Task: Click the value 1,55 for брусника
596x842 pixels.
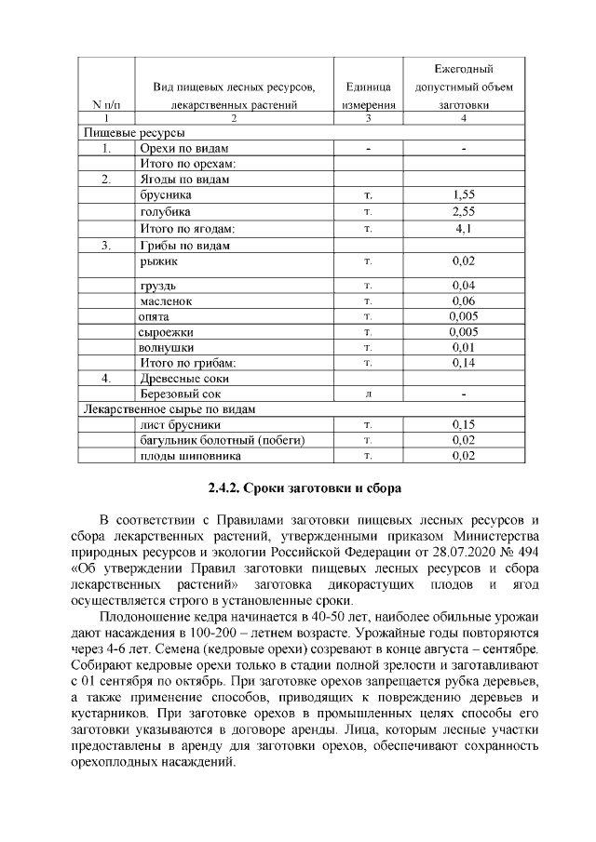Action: click(x=463, y=195)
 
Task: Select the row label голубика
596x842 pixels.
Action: click(x=166, y=212)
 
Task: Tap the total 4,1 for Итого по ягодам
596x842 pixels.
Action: click(x=463, y=229)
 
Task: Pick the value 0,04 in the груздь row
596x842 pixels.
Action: click(x=463, y=285)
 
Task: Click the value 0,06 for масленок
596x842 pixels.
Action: click(x=463, y=301)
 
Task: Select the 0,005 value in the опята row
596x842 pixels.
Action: click(x=463, y=317)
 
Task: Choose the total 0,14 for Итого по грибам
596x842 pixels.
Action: click(x=463, y=362)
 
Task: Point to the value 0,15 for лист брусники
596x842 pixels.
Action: click(x=463, y=424)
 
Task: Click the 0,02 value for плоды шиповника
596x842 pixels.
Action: click(x=463, y=456)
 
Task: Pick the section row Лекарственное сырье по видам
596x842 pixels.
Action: click(x=169, y=409)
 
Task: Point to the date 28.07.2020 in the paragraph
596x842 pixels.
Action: click(x=452, y=553)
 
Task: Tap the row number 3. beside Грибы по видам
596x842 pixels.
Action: click(x=107, y=246)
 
